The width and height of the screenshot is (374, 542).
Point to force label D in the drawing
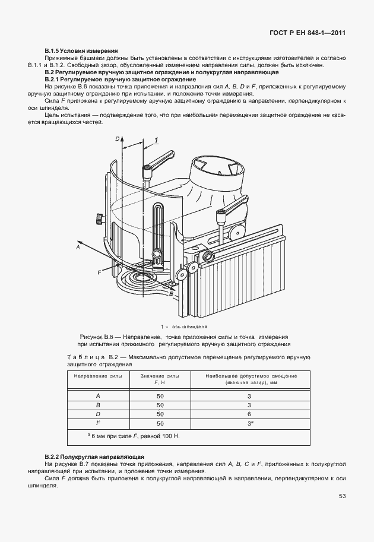pyautogui.click(x=118, y=138)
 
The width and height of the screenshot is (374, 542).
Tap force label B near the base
pyautogui.click(x=172, y=293)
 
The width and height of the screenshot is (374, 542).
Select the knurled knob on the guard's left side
pyautogui.click(x=96, y=220)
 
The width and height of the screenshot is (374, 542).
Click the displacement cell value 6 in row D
pyautogui.click(x=249, y=413)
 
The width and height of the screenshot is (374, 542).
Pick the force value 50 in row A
pyautogui.click(x=160, y=395)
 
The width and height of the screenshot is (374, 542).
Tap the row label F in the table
pyautogui.click(x=98, y=423)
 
